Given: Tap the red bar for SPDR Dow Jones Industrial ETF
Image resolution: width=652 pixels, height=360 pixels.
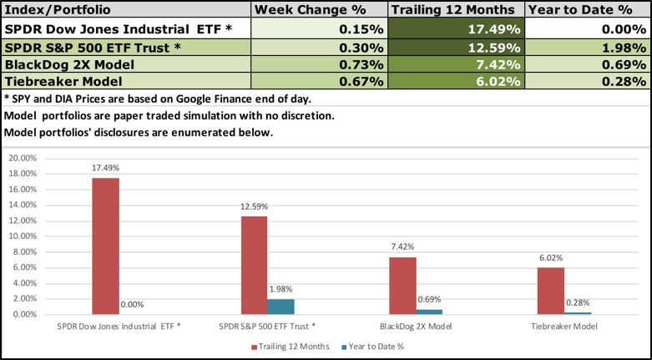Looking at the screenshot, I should pyautogui.click(x=105, y=246).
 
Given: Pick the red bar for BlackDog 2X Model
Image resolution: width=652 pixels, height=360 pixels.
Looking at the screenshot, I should pyautogui.click(x=403, y=285).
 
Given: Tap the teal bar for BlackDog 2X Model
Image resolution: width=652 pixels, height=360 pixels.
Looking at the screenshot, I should pyautogui.click(x=430, y=312).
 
